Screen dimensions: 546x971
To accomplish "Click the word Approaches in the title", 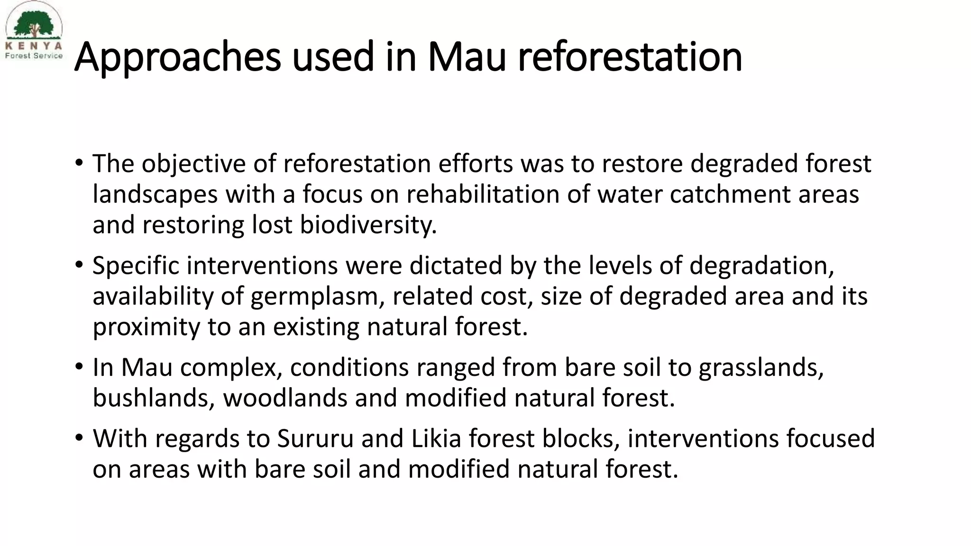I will [x=178, y=58].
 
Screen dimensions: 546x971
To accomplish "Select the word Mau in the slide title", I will [x=467, y=58].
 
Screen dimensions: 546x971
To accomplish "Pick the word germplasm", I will [x=317, y=297].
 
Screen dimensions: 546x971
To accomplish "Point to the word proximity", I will [x=146, y=327].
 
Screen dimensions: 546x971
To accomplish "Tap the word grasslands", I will [x=760, y=368].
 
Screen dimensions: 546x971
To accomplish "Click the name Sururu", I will [x=315, y=438].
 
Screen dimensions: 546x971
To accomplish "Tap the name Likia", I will [x=436, y=438].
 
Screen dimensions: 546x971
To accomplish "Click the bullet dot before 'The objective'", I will [x=79, y=164].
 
